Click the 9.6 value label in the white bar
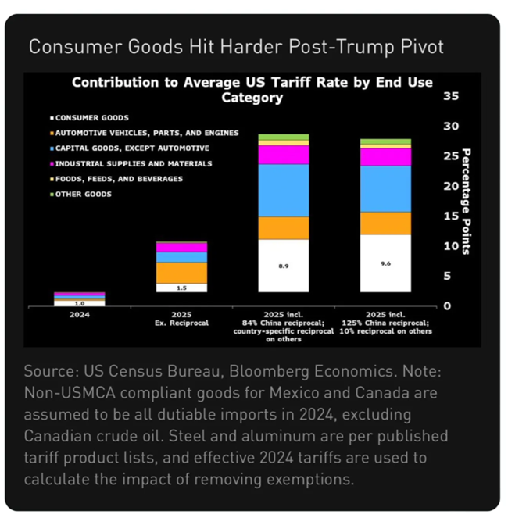(385, 263)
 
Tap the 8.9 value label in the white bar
(283, 266)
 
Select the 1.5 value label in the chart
(181, 288)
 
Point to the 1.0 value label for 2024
(79, 302)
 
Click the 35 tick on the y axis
(450, 96)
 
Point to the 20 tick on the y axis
(450, 186)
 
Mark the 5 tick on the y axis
(447, 275)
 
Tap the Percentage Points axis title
(466, 201)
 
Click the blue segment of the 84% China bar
(283, 190)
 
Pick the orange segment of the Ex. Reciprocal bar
(181, 273)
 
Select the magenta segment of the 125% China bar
(385, 157)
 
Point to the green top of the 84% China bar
(283, 138)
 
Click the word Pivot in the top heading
(421, 46)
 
